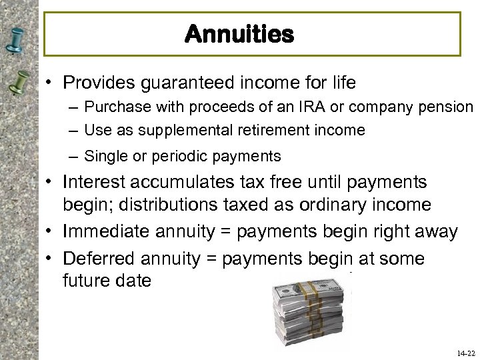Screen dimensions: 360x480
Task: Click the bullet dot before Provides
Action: [50, 83]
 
